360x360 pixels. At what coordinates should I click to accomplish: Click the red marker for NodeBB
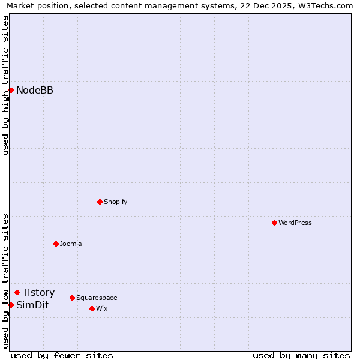(x=11, y=90)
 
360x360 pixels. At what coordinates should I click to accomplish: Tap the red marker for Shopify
(x=100, y=202)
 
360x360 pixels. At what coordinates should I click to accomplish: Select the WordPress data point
(x=274, y=223)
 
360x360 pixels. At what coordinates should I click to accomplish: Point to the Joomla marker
(x=56, y=244)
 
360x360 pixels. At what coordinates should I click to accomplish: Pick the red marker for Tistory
(x=17, y=292)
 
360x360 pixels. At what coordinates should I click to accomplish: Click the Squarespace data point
(x=72, y=298)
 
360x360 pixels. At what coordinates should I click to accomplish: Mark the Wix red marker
(x=92, y=308)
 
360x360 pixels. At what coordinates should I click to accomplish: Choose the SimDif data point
(x=11, y=305)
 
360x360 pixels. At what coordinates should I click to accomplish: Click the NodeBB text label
(x=35, y=91)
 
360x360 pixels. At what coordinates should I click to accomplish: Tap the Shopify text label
(x=116, y=202)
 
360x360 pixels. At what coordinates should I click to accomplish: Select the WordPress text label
(x=295, y=223)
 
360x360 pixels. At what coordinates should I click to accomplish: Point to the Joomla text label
(x=71, y=244)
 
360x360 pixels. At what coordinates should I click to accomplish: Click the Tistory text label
(x=38, y=293)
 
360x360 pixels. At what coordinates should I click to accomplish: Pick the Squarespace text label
(x=97, y=298)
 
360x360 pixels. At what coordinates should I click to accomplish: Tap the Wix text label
(x=102, y=308)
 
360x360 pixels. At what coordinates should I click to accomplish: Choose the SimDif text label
(x=32, y=305)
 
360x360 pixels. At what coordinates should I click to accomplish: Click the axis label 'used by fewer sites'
(x=62, y=355)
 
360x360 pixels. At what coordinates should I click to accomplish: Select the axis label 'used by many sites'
(x=301, y=355)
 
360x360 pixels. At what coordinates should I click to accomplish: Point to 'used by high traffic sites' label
(x=5, y=85)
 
